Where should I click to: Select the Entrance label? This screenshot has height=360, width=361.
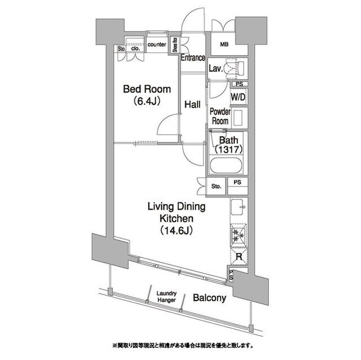pyautogui.click(x=192, y=57)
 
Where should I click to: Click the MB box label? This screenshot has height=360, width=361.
pyautogui.click(x=224, y=45)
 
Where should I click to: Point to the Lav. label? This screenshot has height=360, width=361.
pyautogui.click(x=215, y=69)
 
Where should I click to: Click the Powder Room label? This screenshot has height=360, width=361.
pyautogui.click(x=219, y=117)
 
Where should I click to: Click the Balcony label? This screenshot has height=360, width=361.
pyautogui.click(x=209, y=298)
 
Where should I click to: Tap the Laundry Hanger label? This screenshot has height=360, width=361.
pyautogui.click(x=166, y=297)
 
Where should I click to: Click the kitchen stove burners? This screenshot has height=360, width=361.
pyautogui.click(x=237, y=236)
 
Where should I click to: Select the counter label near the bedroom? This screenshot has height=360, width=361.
pyautogui.click(x=156, y=45)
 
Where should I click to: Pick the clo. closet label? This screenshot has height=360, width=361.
pyautogui.click(x=135, y=48)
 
